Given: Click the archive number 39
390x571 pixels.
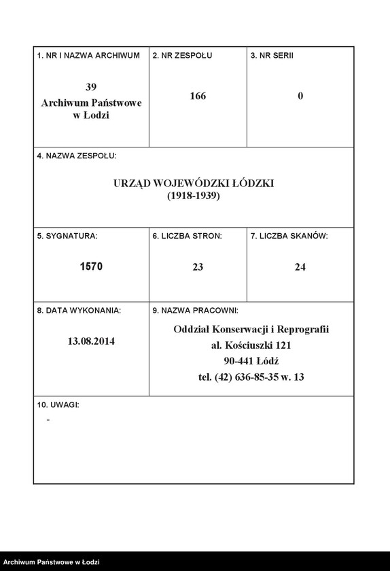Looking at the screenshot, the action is pos(91,87).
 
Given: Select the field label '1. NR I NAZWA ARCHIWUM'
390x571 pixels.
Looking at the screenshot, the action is pos(88,55).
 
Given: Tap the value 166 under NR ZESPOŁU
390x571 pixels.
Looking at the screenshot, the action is pos(198,96).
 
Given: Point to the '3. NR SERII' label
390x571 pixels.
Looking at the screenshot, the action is pos(272,55).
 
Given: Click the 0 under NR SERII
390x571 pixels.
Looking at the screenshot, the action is pos(300,96).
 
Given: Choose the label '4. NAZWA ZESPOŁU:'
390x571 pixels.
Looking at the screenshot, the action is pos(77,156).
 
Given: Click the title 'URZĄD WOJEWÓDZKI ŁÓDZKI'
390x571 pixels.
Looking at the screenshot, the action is pos(194,184).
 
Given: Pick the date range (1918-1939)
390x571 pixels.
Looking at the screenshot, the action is pos(194,196).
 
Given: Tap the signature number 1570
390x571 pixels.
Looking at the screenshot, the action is pos(91,266).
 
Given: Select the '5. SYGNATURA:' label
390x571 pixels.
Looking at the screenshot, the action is pos(67,236).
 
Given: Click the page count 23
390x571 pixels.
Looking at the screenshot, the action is pos(198,267).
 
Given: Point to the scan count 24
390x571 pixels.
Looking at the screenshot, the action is pos(300,267).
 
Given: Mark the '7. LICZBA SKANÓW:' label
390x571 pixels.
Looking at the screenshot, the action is pos(289,236).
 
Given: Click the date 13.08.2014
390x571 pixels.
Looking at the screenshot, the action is pos(91,341).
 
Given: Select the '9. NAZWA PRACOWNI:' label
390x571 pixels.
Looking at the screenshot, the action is pos(195,311).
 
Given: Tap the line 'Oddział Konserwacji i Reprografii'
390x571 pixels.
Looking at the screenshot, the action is pos(251,330).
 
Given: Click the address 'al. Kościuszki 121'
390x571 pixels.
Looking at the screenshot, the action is pos(251,345).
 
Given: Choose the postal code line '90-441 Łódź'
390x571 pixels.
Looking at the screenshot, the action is pos(251,361).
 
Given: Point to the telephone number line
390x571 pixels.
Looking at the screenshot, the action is pos(251,377).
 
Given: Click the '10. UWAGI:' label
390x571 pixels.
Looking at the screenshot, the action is pos(58,404).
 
